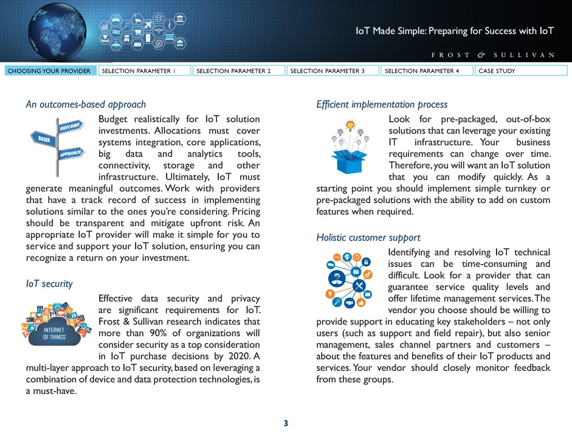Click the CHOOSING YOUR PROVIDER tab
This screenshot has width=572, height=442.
point(49,71)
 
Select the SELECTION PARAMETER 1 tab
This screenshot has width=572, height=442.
point(144,71)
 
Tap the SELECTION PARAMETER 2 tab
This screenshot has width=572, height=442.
point(238,71)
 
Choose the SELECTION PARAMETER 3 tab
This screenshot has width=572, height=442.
point(333,71)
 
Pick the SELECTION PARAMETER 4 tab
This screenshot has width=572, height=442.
point(427,71)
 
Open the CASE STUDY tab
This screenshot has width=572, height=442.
point(522,71)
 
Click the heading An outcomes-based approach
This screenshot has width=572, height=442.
point(86,105)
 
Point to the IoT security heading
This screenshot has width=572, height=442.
point(49,284)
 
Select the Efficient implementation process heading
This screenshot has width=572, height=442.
point(382,105)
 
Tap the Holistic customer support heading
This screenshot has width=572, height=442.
point(368,238)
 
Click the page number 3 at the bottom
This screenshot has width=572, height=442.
point(286,423)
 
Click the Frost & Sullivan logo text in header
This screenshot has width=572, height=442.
point(492,55)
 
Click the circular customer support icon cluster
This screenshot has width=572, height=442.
point(350,280)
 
